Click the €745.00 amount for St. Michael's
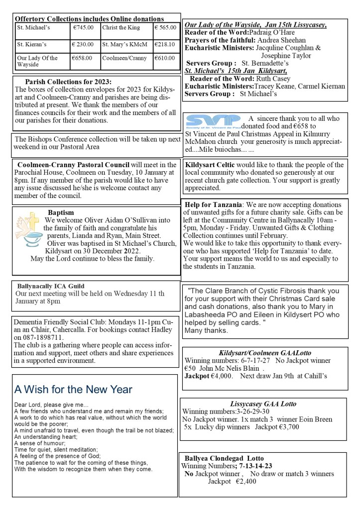83,28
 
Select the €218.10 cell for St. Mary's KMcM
165,44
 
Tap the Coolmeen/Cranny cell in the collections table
124,58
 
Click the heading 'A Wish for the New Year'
73,389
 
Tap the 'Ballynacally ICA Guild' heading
51,286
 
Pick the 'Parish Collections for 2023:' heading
68,82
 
